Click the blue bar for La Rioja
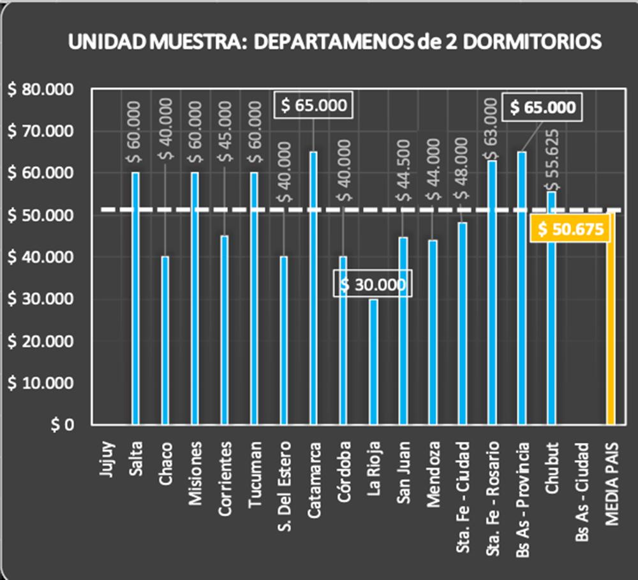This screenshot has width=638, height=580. pos(373,361)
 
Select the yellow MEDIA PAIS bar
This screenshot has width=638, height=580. pos(611,331)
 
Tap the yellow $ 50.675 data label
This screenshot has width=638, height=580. pos(570,229)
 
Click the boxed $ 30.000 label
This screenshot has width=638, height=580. pos(373,284)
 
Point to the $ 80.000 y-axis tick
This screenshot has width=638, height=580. pos(40,89)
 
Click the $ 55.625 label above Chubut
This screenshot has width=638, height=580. pos(552,159)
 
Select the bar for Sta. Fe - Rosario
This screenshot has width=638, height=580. pos(492,293)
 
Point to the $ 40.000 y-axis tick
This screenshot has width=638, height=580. pos(40,257)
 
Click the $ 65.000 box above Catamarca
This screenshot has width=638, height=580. pos(313,105)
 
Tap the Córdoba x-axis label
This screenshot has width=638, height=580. pos(343,472)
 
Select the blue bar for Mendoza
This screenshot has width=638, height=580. pos(433,331)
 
